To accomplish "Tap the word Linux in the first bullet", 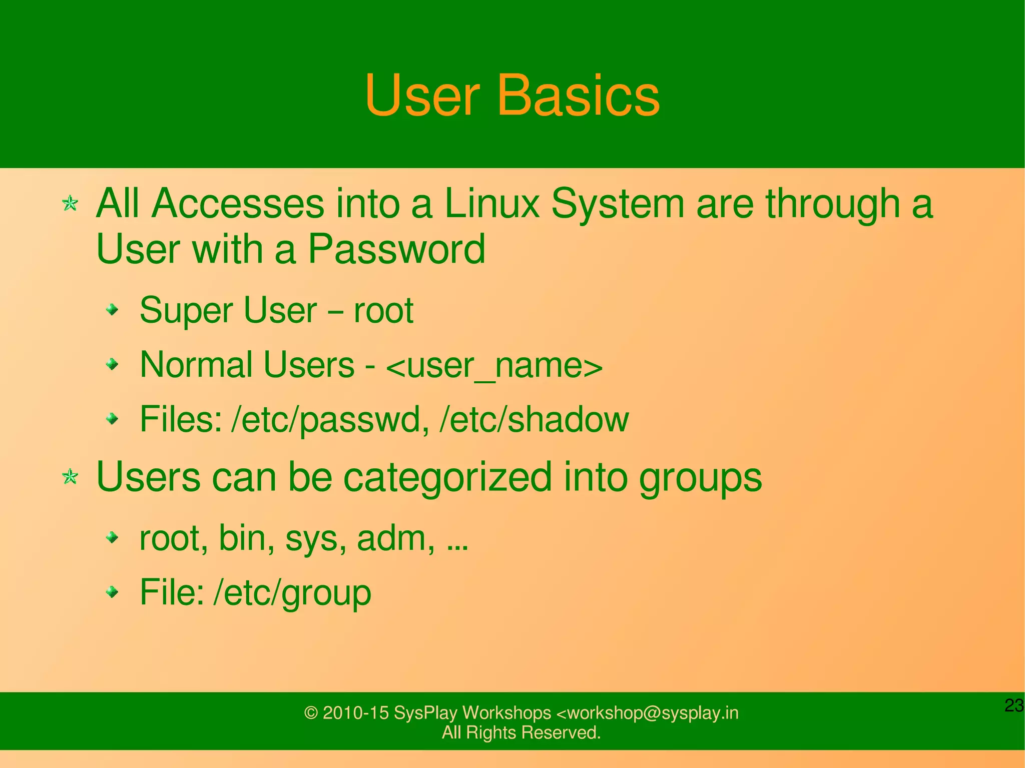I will coord(491,204).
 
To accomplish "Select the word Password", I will coord(396,249).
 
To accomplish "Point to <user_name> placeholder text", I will coord(494,365).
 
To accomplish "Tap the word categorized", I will coord(447,477).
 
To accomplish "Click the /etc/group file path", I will coord(292,592).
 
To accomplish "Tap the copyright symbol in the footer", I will coord(311,713).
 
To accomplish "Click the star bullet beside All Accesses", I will coord(70,204).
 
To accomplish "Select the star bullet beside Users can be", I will coord(70,477).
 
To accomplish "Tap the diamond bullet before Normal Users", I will coord(113,365).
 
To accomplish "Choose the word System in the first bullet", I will coord(618,204).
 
